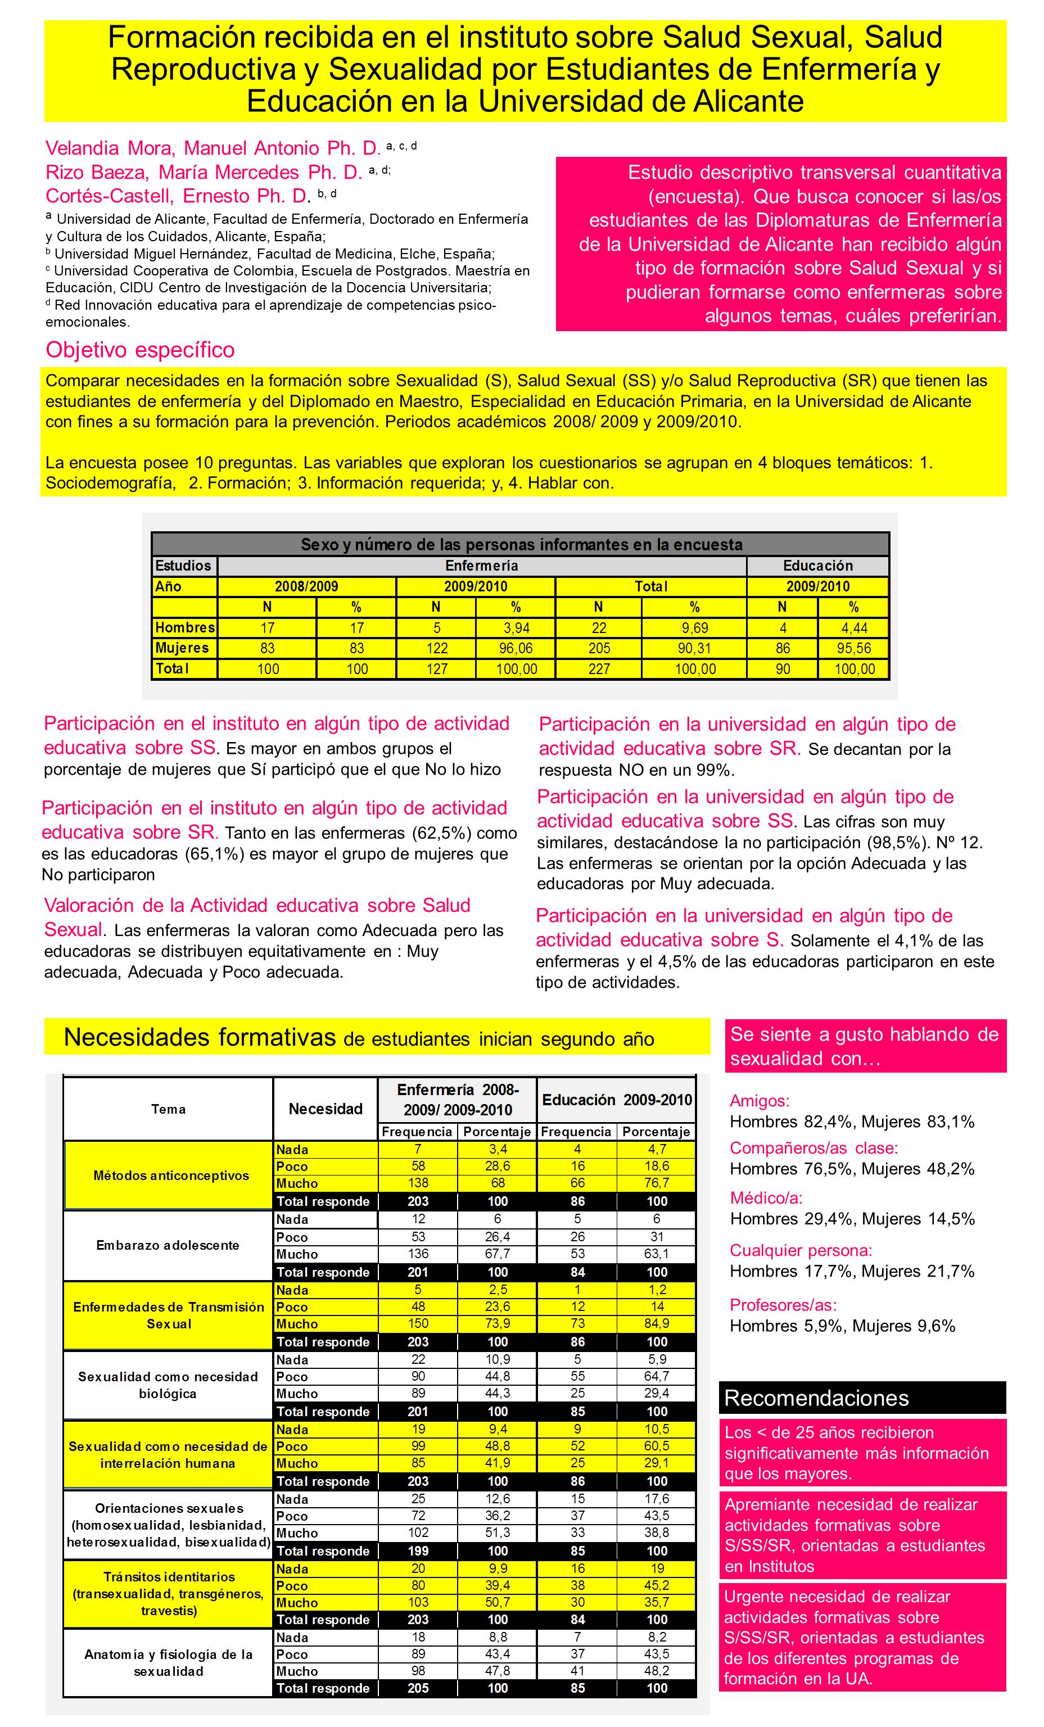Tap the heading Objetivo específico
[140, 350]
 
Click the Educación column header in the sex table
[817, 566]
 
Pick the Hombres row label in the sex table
[185, 628]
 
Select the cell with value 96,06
[516, 648]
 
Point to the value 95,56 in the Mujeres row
[853, 648]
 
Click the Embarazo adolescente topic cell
[168, 1245]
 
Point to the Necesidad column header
[326, 1109]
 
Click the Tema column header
[168, 1109]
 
